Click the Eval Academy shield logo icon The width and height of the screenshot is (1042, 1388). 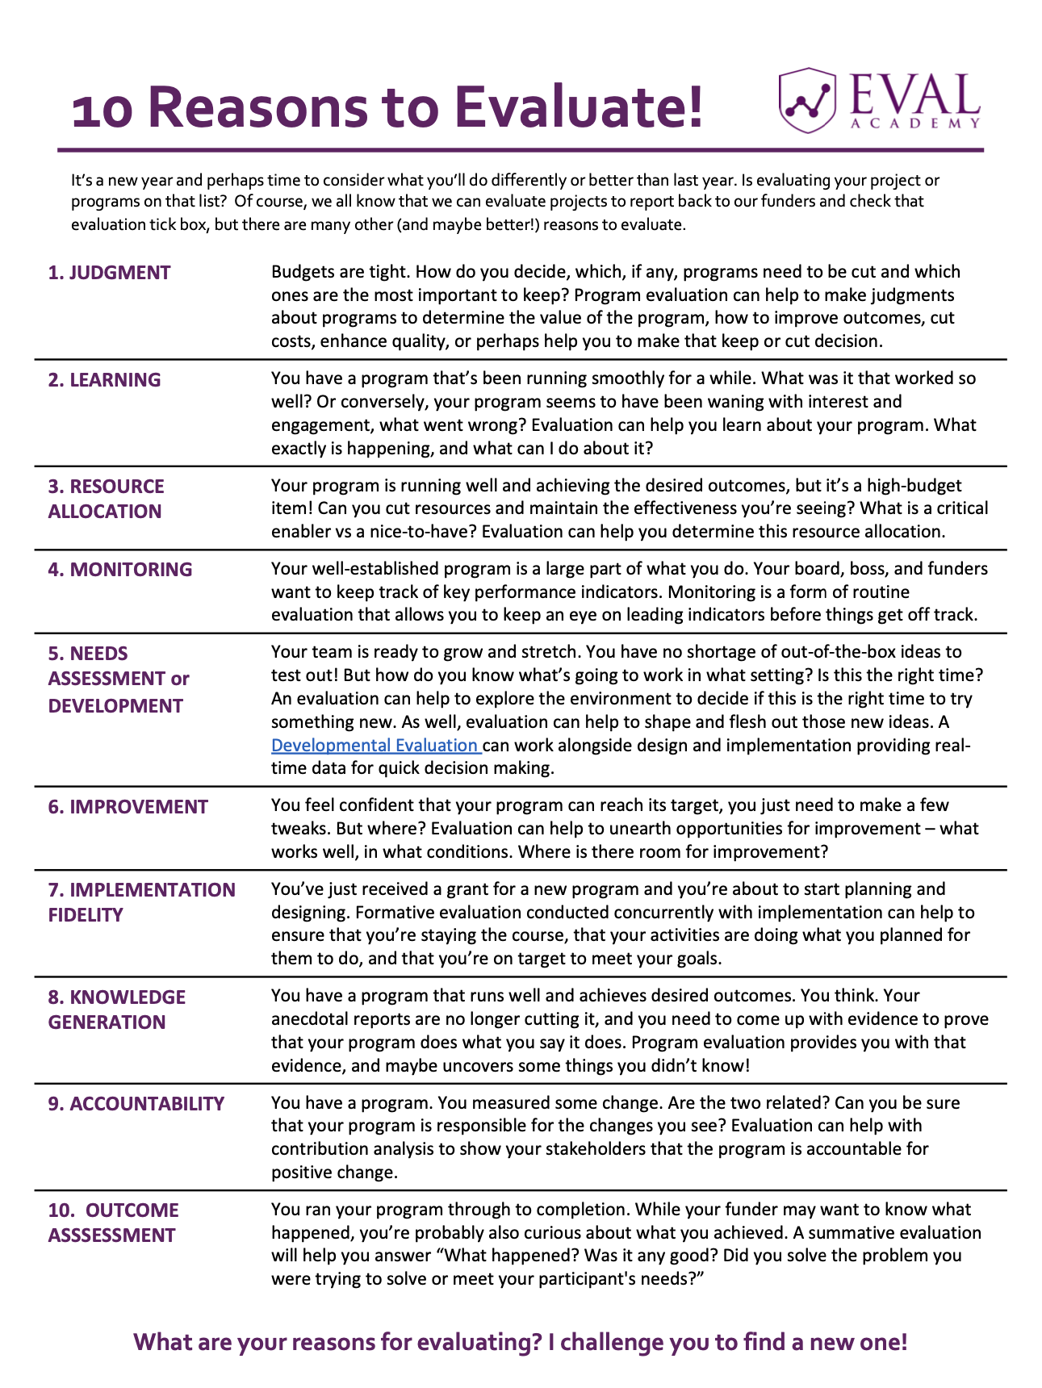click(806, 100)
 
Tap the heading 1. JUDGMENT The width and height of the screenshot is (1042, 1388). click(109, 273)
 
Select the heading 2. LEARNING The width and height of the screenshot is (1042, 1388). click(104, 380)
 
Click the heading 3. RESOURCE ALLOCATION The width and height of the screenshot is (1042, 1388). click(105, 499)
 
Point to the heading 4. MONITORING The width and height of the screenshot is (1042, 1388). click(119, 570)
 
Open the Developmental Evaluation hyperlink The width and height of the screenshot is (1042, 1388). click(375, 746)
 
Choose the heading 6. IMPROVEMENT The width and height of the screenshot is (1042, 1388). click(128, 807)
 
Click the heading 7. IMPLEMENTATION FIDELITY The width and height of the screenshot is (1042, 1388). click(141, 902)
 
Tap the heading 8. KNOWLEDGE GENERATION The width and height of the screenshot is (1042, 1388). click(116, 1010)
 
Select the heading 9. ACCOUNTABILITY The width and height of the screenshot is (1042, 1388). click(136, 1104)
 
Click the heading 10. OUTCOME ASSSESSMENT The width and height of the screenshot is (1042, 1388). click(113, 1223)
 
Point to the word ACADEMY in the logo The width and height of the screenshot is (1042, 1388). click(915, 123)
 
